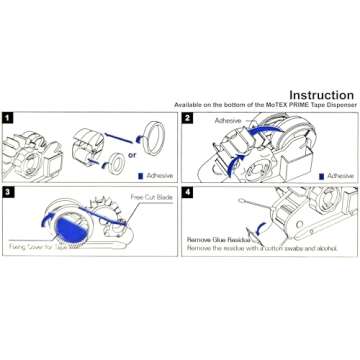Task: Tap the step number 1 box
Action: tap(9, 118)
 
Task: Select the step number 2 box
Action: tap(187, 118)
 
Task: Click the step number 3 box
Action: tap(9, 190)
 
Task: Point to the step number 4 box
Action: tap(187, 190)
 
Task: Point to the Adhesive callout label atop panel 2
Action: tap(227, 120)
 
